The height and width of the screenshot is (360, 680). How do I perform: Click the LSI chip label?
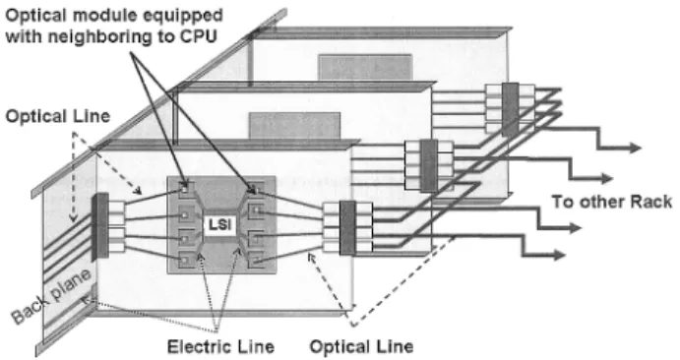point(220,225)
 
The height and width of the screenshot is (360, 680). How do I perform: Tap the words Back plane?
point(51,296)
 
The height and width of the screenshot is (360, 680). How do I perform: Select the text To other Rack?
point(611,202)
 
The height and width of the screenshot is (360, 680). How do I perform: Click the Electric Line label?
point(220,347)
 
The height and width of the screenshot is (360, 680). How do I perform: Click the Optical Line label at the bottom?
point(361,346)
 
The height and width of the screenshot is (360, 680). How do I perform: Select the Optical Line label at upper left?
point(58,116)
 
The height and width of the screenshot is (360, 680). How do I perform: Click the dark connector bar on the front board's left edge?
point(100,226)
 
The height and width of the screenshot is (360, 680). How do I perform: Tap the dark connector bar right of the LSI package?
point(347,228)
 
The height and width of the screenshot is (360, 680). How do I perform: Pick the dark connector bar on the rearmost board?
point(511,109)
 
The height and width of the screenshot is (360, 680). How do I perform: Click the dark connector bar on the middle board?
point(429,166)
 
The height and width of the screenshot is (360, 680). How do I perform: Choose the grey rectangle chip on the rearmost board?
point(365,67)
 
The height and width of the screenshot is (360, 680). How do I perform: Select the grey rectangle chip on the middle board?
point(294,126)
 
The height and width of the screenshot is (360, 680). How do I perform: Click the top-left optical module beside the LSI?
point(186,190)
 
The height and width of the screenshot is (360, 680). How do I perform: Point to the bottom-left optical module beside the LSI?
point(186,261)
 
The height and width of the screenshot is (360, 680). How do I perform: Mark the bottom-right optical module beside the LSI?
point(256,260)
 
